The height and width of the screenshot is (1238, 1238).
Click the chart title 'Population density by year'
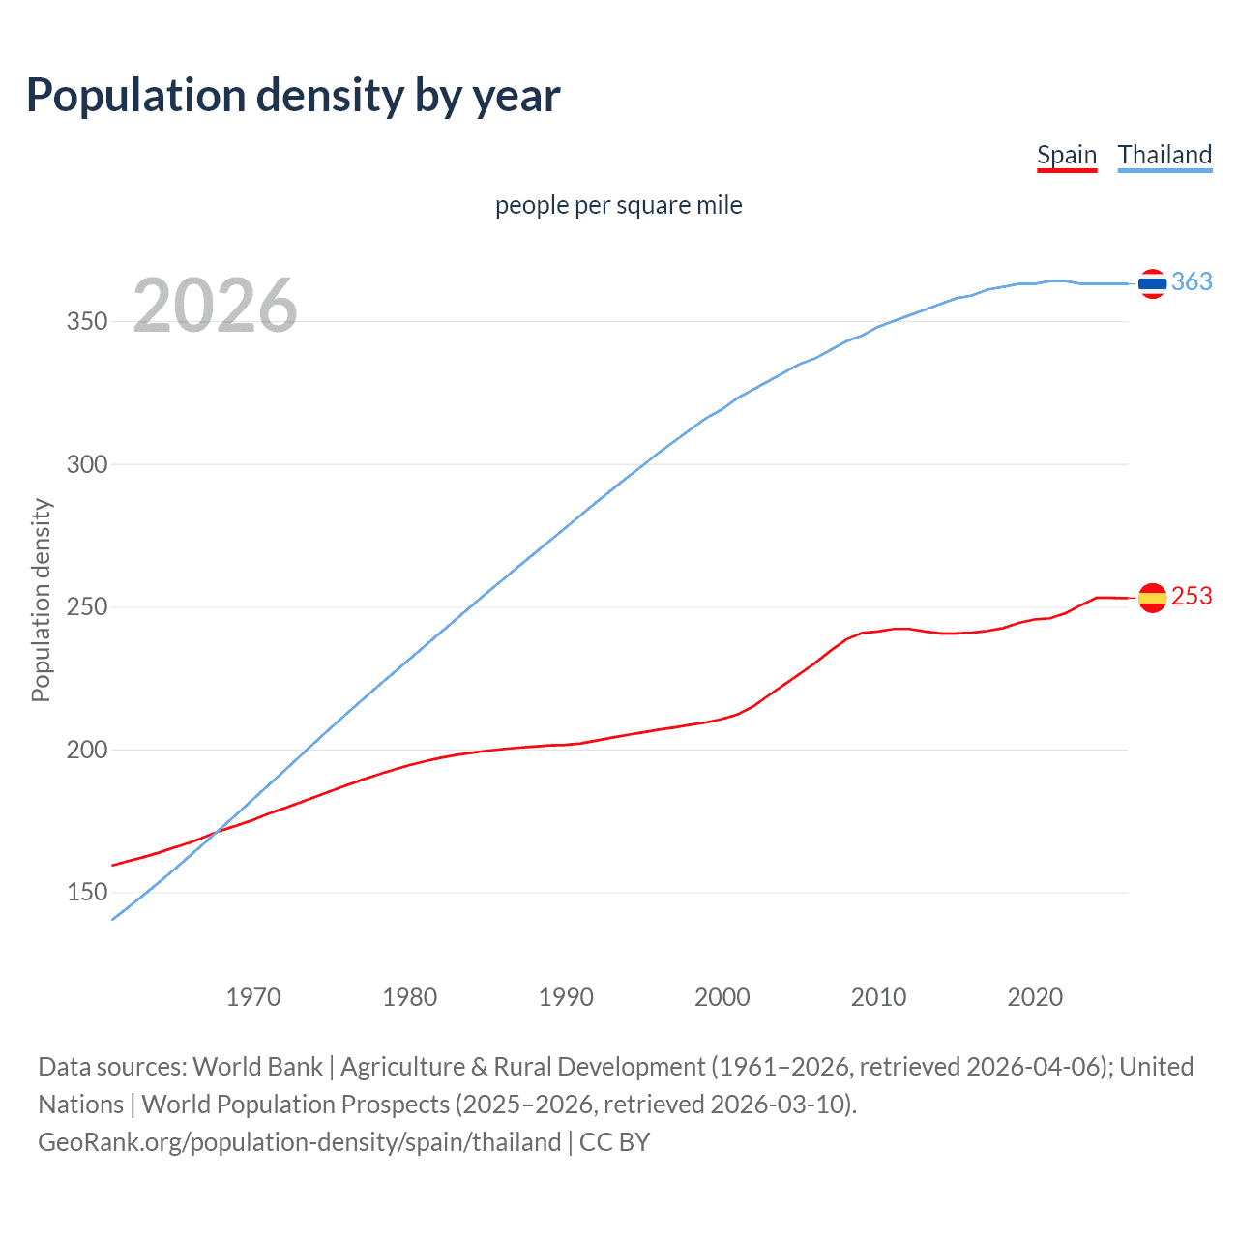(293, 96)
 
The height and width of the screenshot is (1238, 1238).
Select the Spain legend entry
(1066, 156)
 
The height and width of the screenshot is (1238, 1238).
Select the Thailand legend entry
(1164, 156)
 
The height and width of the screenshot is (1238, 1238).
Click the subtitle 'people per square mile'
(618, 205)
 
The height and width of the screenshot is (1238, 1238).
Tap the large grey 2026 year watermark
(215, 306)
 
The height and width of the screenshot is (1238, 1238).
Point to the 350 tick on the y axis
(86, 321)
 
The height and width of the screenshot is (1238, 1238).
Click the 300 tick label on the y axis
(86, 464)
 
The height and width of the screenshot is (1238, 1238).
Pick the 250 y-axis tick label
(86, 607)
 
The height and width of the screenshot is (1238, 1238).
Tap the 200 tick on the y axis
(86, 750)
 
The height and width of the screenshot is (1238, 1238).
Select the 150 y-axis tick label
(86, 892)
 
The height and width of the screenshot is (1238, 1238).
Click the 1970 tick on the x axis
(253, 997)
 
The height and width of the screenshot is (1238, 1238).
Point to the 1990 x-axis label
(566, 997)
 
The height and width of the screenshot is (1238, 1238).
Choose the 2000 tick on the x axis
(722, 997)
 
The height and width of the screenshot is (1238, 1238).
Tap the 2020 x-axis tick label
(1035, 997)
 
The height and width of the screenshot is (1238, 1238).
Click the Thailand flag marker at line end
(1152, 283)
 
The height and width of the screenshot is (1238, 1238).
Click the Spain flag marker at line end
(1152, 599)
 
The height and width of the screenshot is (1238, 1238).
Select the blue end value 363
(1192, 281)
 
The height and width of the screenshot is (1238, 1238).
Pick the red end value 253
(1192, 597)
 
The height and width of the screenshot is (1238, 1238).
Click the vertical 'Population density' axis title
(41, 600)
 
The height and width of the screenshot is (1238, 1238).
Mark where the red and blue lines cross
(215, 832)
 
